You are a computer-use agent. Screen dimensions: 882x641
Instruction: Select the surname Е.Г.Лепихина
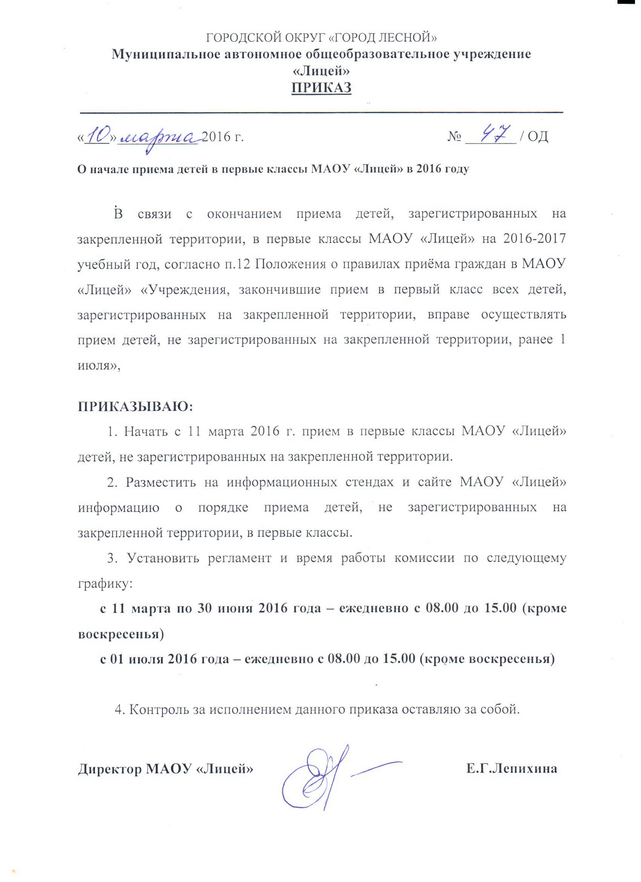pyautogui.click(x=512, y=768)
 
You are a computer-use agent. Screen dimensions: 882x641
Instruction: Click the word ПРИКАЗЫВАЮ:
pyautogui.click(x=136, y=406)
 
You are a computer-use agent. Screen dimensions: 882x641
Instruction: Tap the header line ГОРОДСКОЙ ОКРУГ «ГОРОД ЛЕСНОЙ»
pyautogui.click(x=321, y=37)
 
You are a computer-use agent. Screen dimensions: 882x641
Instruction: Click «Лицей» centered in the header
pyautogui.click(x=321, y=71)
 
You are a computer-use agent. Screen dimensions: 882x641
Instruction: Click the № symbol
pyautogui.click(x=454, y=136)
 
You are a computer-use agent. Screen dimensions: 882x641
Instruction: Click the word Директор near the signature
pyautogui.click(x=109, y=768)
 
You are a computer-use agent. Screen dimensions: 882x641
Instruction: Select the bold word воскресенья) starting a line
pyautogui.click(x=121, y=634)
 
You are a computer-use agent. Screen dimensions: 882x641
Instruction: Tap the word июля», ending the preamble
pyautogui.click(x=99, y=365)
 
